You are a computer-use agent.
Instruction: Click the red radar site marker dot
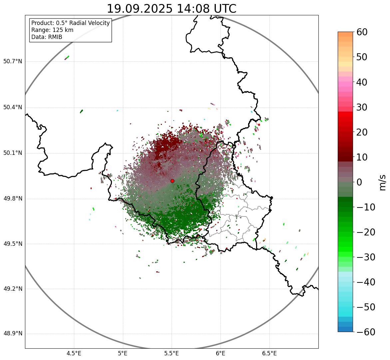point(172,181)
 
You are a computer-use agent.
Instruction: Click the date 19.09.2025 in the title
point(140,9)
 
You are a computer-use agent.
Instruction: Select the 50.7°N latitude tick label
point(13,62)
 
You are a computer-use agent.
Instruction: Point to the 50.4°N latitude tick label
point(13,108)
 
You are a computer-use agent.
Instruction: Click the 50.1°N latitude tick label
point(13,153)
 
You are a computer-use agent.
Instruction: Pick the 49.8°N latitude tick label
point(13,199)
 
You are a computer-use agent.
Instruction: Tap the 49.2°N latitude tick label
point(13,289)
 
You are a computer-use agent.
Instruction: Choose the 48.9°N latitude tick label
point(13,334)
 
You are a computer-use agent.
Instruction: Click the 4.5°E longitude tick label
point(74,353)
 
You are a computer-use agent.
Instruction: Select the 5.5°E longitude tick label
point(172,353)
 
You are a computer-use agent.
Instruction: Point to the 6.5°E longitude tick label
point(269,353)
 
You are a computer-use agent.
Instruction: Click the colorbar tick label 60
point(362,32)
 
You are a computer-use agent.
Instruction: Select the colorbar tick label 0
point(359,182)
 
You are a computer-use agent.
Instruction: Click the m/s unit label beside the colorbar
point(382,182)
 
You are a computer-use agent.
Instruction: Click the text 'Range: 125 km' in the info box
point(52,30)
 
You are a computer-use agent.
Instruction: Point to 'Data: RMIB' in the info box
point(47,37)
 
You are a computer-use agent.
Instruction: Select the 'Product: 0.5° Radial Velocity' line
point(70,23)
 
